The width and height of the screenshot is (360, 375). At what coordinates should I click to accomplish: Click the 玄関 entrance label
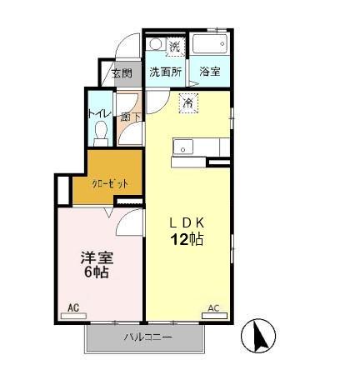coord(121,73)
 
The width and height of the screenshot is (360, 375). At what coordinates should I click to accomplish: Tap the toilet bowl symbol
coord(102,132)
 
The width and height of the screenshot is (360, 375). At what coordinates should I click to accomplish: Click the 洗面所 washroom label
coord(165,72)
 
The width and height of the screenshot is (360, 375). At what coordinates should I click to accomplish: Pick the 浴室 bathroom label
coord(209,72)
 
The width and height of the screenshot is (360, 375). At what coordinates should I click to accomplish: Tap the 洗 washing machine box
coord(175,45)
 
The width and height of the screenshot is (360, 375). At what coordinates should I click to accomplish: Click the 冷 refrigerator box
coord(187,104)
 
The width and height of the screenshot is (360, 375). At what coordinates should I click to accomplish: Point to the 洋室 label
coord(92,257)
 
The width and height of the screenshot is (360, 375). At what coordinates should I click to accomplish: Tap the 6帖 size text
coord(93,272)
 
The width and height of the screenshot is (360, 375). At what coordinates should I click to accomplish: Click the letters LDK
coord(187,222)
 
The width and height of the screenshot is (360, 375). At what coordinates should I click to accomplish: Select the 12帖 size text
coord(187,240)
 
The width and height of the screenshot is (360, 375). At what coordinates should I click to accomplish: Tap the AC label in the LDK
coord(212,308)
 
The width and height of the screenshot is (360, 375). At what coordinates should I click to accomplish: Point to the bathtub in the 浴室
coord(208,44)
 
